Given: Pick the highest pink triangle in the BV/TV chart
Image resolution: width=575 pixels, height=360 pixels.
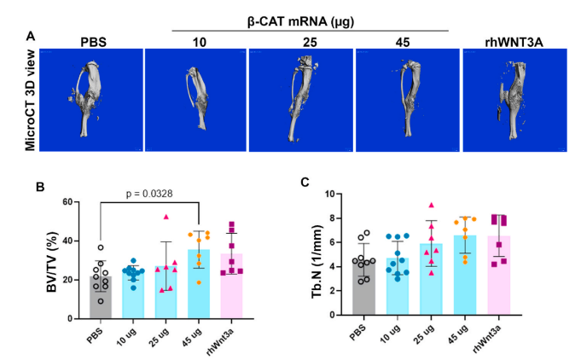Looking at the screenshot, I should tap(167, 217).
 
